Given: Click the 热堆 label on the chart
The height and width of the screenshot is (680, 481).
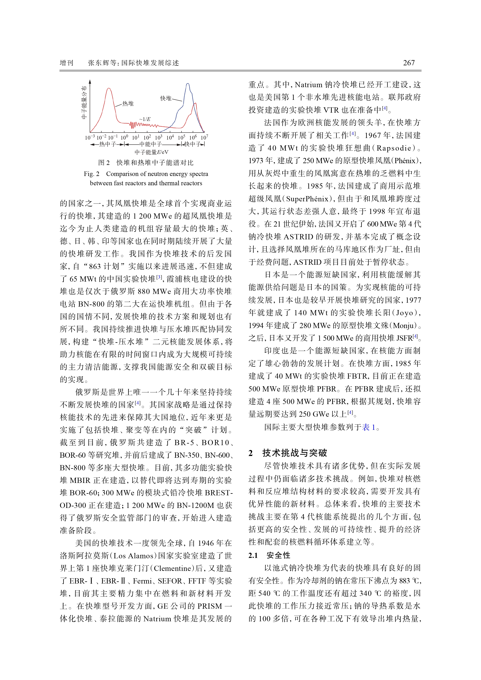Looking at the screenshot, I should pos(128,103).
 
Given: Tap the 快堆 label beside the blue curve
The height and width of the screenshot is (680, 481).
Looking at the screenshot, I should pos(166,98).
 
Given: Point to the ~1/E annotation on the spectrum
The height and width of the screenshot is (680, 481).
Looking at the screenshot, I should pos(145,119).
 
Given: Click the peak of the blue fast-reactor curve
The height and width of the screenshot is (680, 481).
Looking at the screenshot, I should pos(188,84).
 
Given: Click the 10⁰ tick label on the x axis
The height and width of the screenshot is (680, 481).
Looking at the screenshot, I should pos(124,137).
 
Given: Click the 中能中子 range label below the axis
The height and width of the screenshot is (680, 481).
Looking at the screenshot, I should pos(151,144).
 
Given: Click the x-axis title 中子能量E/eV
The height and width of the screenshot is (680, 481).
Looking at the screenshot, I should pos(151,152).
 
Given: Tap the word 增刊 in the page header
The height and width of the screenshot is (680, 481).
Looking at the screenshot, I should pos(66,63).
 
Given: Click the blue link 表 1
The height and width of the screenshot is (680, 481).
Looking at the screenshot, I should pos(369,427).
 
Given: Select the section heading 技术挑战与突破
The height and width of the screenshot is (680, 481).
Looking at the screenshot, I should pos(294,453).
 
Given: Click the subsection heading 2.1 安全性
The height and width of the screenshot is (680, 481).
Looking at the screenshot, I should pos(269,555).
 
